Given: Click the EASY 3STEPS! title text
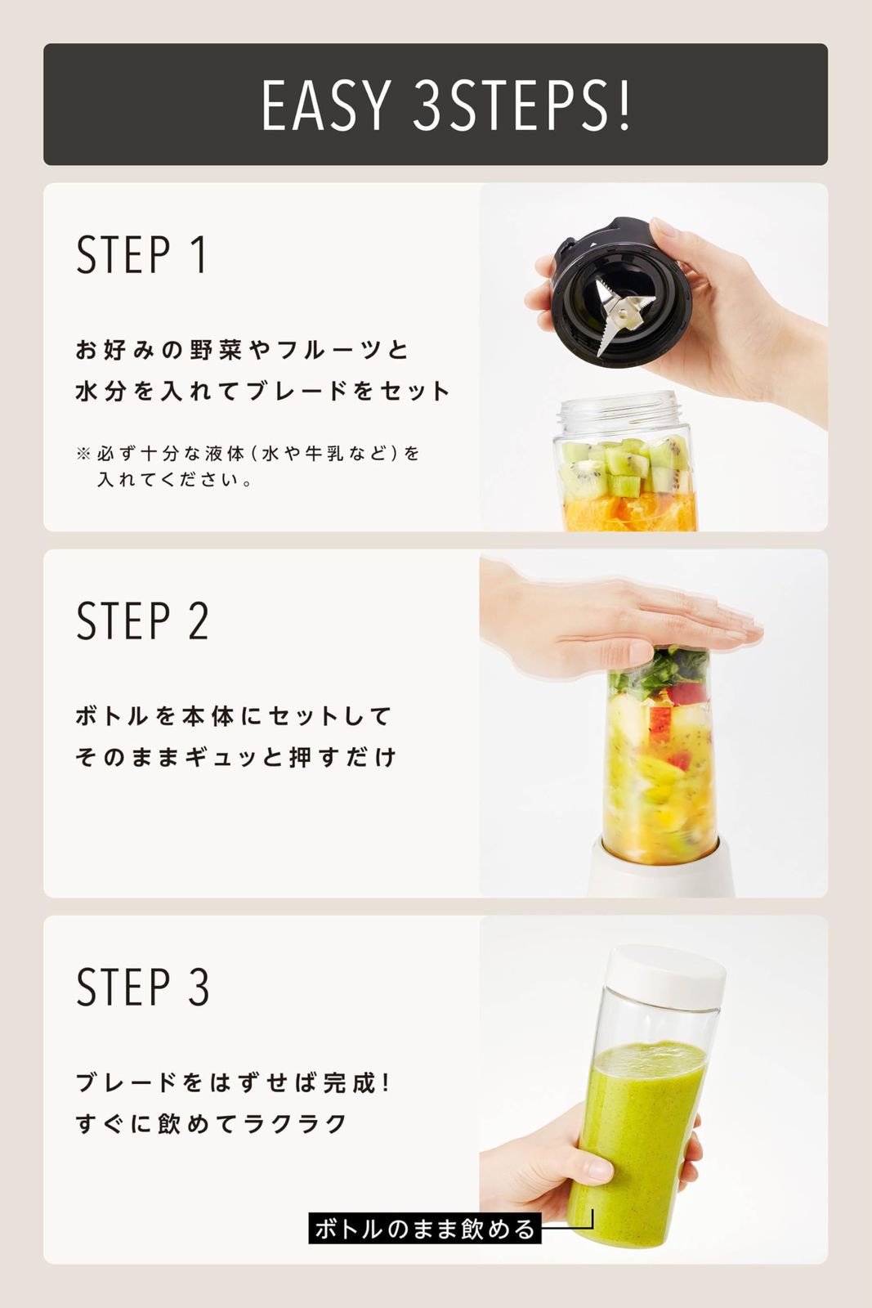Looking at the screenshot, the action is pos(446,105).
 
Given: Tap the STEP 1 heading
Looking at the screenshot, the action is pos(141,254).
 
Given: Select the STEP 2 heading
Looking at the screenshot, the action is pos(142,620).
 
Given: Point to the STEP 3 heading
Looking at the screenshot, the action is pos(142,986).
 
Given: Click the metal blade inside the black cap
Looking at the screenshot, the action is pos(624,314).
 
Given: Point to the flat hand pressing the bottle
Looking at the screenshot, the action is pos(619,625).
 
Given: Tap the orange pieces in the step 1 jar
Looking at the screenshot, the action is pos(629,511).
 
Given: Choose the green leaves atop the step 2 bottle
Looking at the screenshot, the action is pos(660,671).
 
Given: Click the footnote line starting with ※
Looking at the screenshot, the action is pos(248,454).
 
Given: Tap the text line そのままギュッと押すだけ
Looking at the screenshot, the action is pos(236,757).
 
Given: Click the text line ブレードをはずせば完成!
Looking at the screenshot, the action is pos(232,1082).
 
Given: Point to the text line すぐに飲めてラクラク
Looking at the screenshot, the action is pos(212,1123).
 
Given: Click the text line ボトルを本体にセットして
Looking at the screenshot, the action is pos(233,716).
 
